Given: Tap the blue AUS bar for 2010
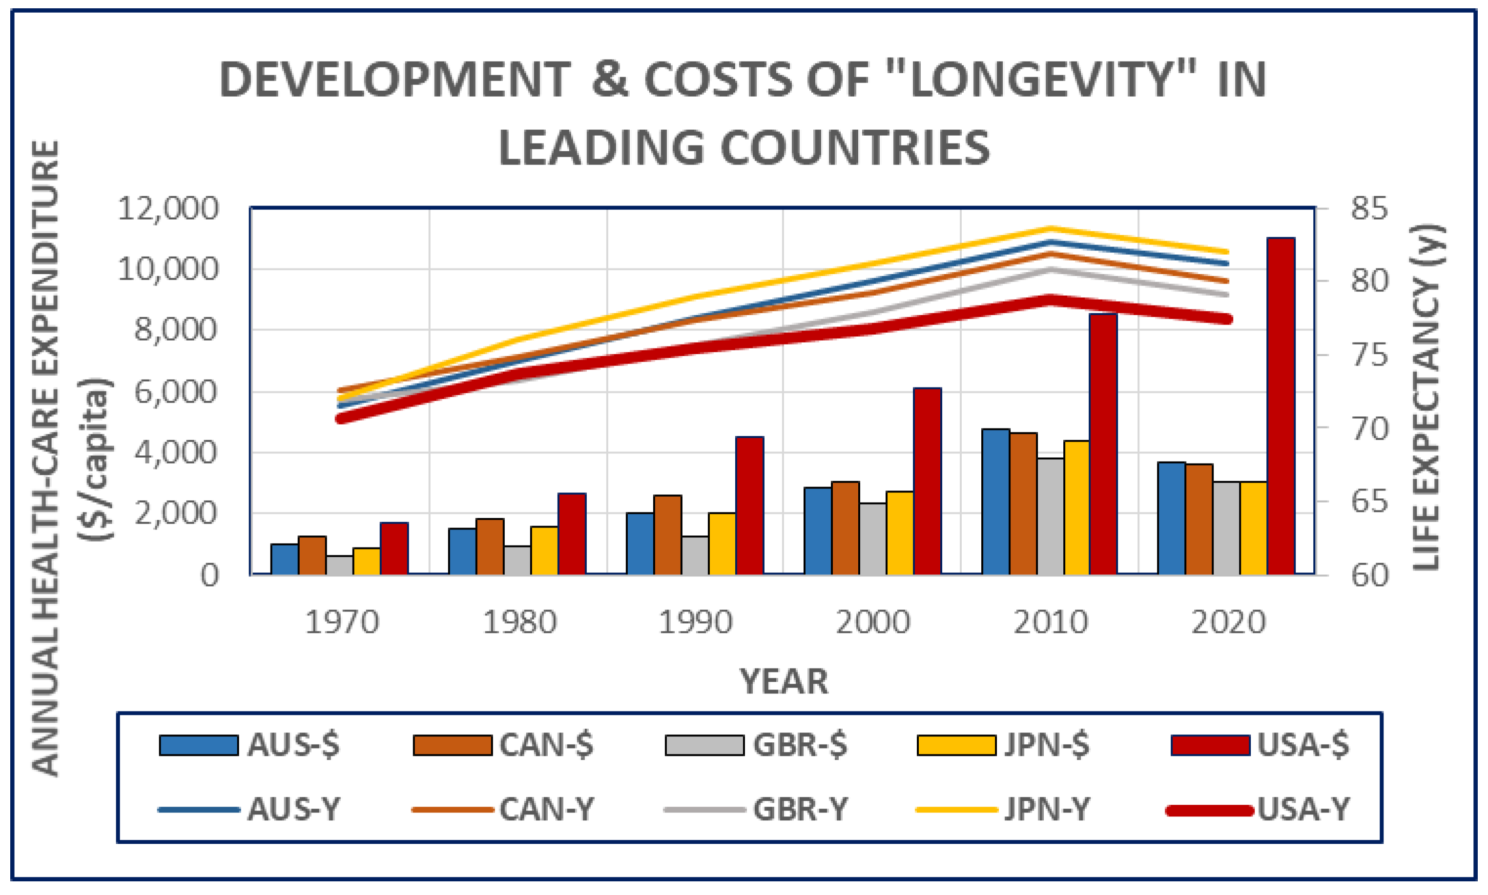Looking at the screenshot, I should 995,501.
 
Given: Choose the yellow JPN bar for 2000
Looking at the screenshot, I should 899,532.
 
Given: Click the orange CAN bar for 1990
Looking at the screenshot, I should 668,534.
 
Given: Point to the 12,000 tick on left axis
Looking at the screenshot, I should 167,209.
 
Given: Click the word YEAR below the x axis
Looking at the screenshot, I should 784,682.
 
